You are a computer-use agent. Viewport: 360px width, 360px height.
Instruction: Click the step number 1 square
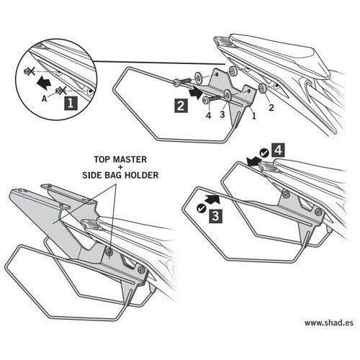pyautogui.click(x=71, y=103)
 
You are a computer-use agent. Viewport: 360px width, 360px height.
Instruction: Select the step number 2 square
pyautogui.click(x=181, y=106)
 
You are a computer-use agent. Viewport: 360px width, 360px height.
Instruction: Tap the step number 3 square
pyautogui.click(x=215, y=216)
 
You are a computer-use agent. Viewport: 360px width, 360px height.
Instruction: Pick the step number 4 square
pyautogui.click(x=278, y=150)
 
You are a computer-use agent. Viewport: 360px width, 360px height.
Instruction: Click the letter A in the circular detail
pyautogui.click(x=44, y=99)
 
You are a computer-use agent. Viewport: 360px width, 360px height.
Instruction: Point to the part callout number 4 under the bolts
pyautogui.click(x=209, y=115)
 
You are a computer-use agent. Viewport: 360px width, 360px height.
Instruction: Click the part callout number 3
pyautogui.click(x=222, y=114)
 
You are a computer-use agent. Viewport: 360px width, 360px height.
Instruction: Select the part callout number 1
pyautogui.click(x=253, y=116)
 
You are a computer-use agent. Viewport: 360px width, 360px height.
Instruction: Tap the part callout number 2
pyautogui.click(x=271, y=108)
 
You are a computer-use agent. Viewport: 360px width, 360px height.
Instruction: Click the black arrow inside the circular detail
pyautogui.click(x=45, y=82)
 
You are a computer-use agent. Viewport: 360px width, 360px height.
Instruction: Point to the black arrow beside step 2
pyautogui.click(x=197, y=93)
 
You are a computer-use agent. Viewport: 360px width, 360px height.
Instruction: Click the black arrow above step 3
pyautogui.click(x=212, y=199)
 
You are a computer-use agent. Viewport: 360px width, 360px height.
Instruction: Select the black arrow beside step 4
pyautogui.click(x=255, y=161)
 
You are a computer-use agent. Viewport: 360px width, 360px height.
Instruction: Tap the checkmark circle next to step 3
pyautogui.click(x=201, y=208)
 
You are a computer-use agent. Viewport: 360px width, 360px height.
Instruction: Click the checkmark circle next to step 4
pyautogui.click(x=264, y=153)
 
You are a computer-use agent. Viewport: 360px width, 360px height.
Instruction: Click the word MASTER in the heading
pyautogui.click(x=130, y=160)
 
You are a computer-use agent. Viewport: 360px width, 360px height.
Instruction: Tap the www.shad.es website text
pyautogui.click(x=329, y=323)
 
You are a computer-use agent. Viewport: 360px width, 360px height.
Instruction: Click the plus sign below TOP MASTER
pyautogui.click(x=120, y=167)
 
